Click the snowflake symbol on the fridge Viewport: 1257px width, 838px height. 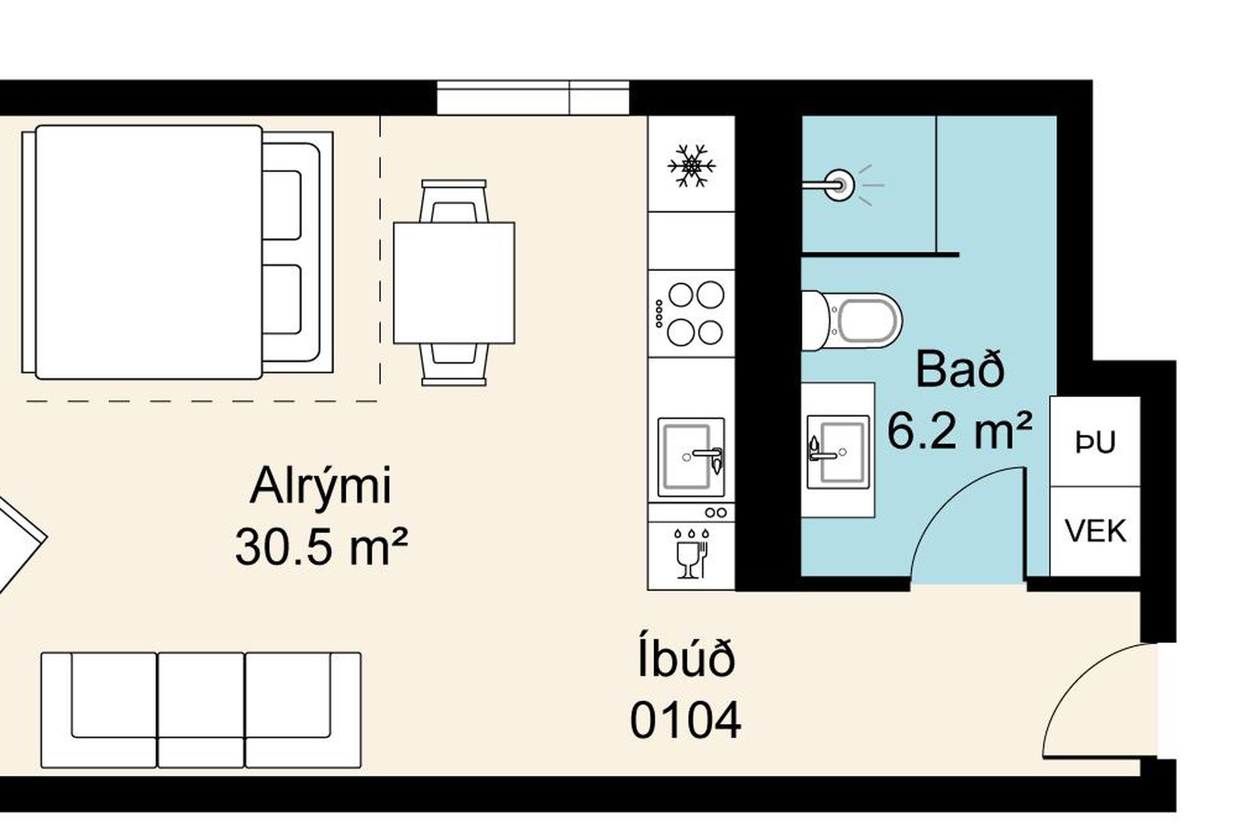691,165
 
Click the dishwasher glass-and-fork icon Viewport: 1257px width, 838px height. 691,553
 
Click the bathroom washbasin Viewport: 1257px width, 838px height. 838,452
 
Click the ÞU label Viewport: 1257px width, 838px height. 1095,443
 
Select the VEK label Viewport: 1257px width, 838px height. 1095,531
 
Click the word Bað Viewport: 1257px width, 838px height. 960,370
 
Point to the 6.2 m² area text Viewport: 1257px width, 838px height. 960,430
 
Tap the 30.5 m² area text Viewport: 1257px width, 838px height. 321,547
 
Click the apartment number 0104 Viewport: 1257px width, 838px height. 685,720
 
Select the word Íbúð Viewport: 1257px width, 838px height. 685,658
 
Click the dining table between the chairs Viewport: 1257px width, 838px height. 454,283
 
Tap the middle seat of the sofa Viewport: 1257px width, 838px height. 201,710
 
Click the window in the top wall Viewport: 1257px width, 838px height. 533,98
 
